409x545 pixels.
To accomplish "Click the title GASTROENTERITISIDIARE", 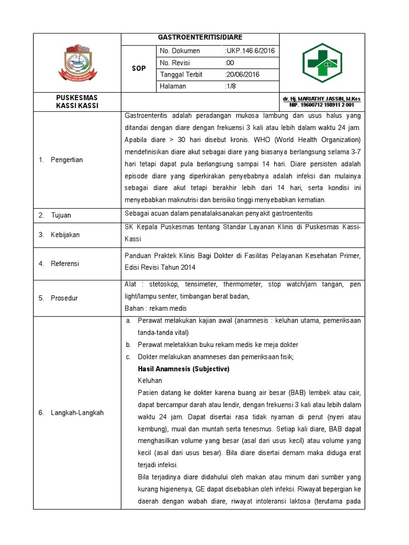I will coord(200,37).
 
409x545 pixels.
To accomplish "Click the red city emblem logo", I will coord(77,62).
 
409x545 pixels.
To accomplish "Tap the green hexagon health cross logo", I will coord(322,62).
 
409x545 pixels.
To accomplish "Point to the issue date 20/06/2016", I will coord(242,75).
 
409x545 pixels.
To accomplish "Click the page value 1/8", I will coord(231,86).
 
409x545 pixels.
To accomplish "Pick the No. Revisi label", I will coord(176,63).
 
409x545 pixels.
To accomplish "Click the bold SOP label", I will coord(139,69).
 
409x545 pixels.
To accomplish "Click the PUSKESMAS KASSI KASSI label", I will coord(77,102).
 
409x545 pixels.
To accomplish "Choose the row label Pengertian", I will coord(67,160).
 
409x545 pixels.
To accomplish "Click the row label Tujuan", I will coord(61,216).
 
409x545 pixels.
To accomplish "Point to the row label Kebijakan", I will coord(65,235).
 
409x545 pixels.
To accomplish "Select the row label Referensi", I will coord(64,263).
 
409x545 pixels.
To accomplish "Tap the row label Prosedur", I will coord(64,298).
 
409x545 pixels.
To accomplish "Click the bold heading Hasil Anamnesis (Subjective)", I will coord(183,369).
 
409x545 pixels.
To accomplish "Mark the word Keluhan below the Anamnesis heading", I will coord(150,381).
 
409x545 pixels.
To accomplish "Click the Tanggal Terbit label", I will coord(179,75).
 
